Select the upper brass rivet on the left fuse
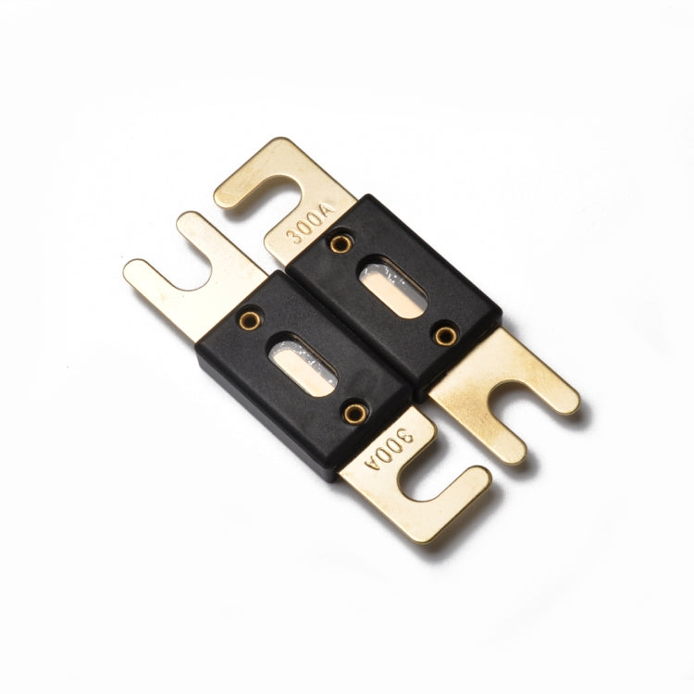(x=251, y=319)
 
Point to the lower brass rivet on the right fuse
(x=446, y=333)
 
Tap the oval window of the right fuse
(x=394, y=289)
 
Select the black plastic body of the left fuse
(x=278, y=398)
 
